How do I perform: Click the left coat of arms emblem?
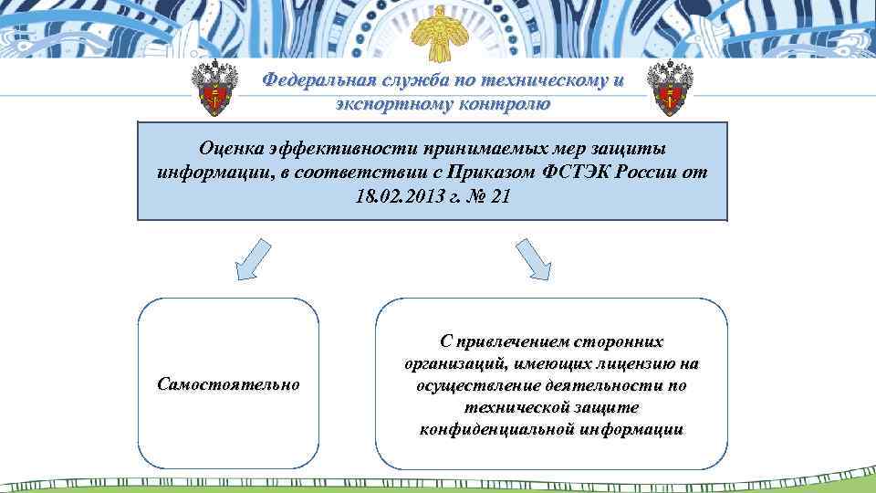pyautogui.click(x=215, y=91)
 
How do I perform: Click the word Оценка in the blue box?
pyautogui.click(x=231, y=149)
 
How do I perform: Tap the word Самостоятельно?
pyautogui.click(x=228, y=384)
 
